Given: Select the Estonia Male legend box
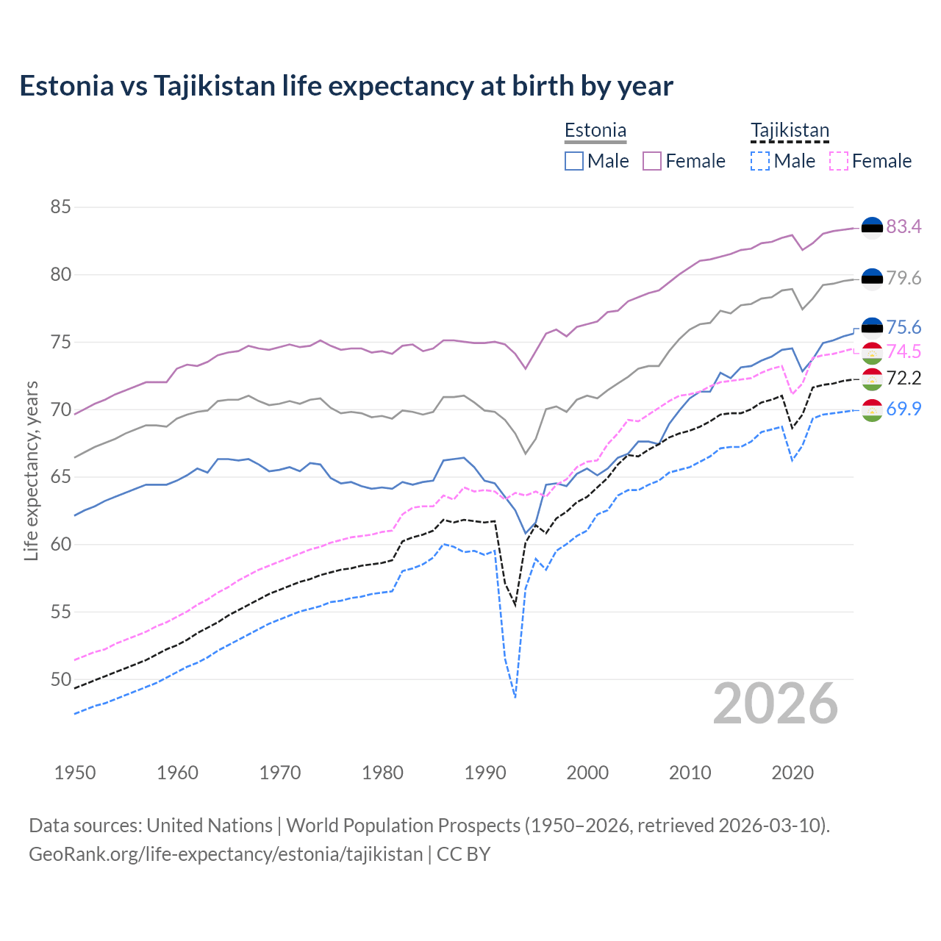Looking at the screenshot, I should click(574, 161).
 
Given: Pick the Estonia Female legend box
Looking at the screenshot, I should click(652, 161).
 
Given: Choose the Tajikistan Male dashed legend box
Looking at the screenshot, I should click(760, 161).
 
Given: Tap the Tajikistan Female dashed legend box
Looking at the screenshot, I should click(838, 161).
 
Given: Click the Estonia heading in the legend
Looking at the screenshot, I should click(595, 131).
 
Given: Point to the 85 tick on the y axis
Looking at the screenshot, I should click(60, 207).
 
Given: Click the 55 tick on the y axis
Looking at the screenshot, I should click(60, 612).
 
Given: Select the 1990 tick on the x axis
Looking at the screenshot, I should click(485, 773).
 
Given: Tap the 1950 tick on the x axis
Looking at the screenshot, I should click(75, 773).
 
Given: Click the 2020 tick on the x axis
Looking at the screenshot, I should click(792, 773).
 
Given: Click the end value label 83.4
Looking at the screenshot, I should click(904, 226).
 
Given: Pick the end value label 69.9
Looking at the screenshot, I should click(904, 409).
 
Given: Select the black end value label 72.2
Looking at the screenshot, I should click(904, 378).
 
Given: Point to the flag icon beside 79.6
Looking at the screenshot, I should click(872, 279).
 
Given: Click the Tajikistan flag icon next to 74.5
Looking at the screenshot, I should click(872, 353).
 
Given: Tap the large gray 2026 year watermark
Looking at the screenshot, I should click(775, 704).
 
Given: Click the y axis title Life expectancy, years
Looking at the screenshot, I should click(31, 470).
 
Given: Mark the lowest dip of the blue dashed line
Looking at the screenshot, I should click(515, 697).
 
